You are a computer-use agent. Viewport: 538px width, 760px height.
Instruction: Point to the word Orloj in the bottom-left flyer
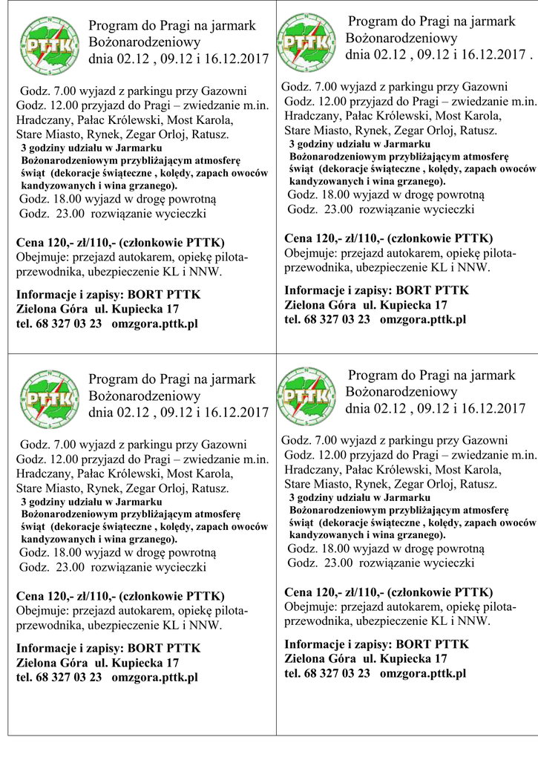click(167, 488)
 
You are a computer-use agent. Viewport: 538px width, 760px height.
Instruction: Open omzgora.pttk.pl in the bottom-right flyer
click(422, 673)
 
